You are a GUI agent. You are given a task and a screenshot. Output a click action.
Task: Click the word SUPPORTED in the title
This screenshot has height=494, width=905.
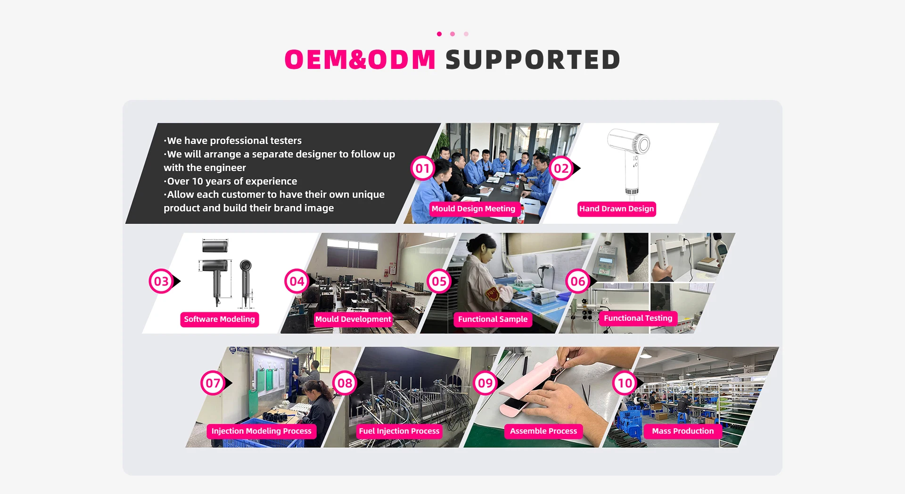coord(533,60)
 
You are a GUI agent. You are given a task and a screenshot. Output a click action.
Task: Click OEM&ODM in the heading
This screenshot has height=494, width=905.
coord(360,60)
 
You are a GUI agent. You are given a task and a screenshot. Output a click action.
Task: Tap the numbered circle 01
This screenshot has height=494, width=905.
coord(422,168)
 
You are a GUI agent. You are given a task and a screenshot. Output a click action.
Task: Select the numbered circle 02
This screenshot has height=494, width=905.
coord(561,168)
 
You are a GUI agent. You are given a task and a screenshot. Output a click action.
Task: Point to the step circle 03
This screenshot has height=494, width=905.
coord(161,281)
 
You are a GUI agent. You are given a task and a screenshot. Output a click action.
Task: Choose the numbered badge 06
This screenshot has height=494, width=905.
coord(578,281)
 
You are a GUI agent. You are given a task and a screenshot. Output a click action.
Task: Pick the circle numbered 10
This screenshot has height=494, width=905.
coord(625,383)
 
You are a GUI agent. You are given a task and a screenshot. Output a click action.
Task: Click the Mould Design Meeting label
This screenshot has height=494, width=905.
coord(473,209)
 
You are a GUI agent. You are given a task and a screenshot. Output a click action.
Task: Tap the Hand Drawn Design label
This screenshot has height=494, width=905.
coord(617,209)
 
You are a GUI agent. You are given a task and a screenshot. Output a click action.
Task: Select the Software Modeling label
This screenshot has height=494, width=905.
coord(219,319)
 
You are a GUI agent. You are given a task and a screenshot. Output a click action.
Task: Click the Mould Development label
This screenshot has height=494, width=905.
coord(353,319)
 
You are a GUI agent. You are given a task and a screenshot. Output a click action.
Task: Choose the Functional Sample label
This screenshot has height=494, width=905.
coord(493,319)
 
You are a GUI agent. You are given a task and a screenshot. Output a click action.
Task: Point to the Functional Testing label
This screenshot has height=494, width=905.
coord(638,318)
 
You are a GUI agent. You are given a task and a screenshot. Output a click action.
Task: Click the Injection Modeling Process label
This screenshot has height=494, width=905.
coord(261,431)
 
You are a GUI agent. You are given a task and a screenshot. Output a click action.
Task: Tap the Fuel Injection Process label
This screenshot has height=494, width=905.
coord(399,431)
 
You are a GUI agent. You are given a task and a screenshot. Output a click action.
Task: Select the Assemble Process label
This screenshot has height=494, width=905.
coord(543,431)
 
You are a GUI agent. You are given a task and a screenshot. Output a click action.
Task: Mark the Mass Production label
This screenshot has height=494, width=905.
coord(683,431)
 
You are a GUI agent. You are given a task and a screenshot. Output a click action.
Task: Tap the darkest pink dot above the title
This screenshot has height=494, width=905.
coord(439,34)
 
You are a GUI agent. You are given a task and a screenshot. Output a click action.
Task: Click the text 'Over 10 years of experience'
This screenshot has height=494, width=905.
coord(232,181)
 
